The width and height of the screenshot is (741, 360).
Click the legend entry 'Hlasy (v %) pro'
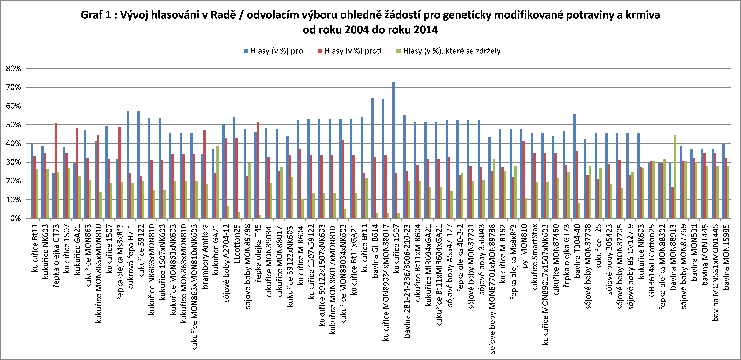(x=273, y=51)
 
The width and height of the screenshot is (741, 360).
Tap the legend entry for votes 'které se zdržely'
(x=449, y=51)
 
